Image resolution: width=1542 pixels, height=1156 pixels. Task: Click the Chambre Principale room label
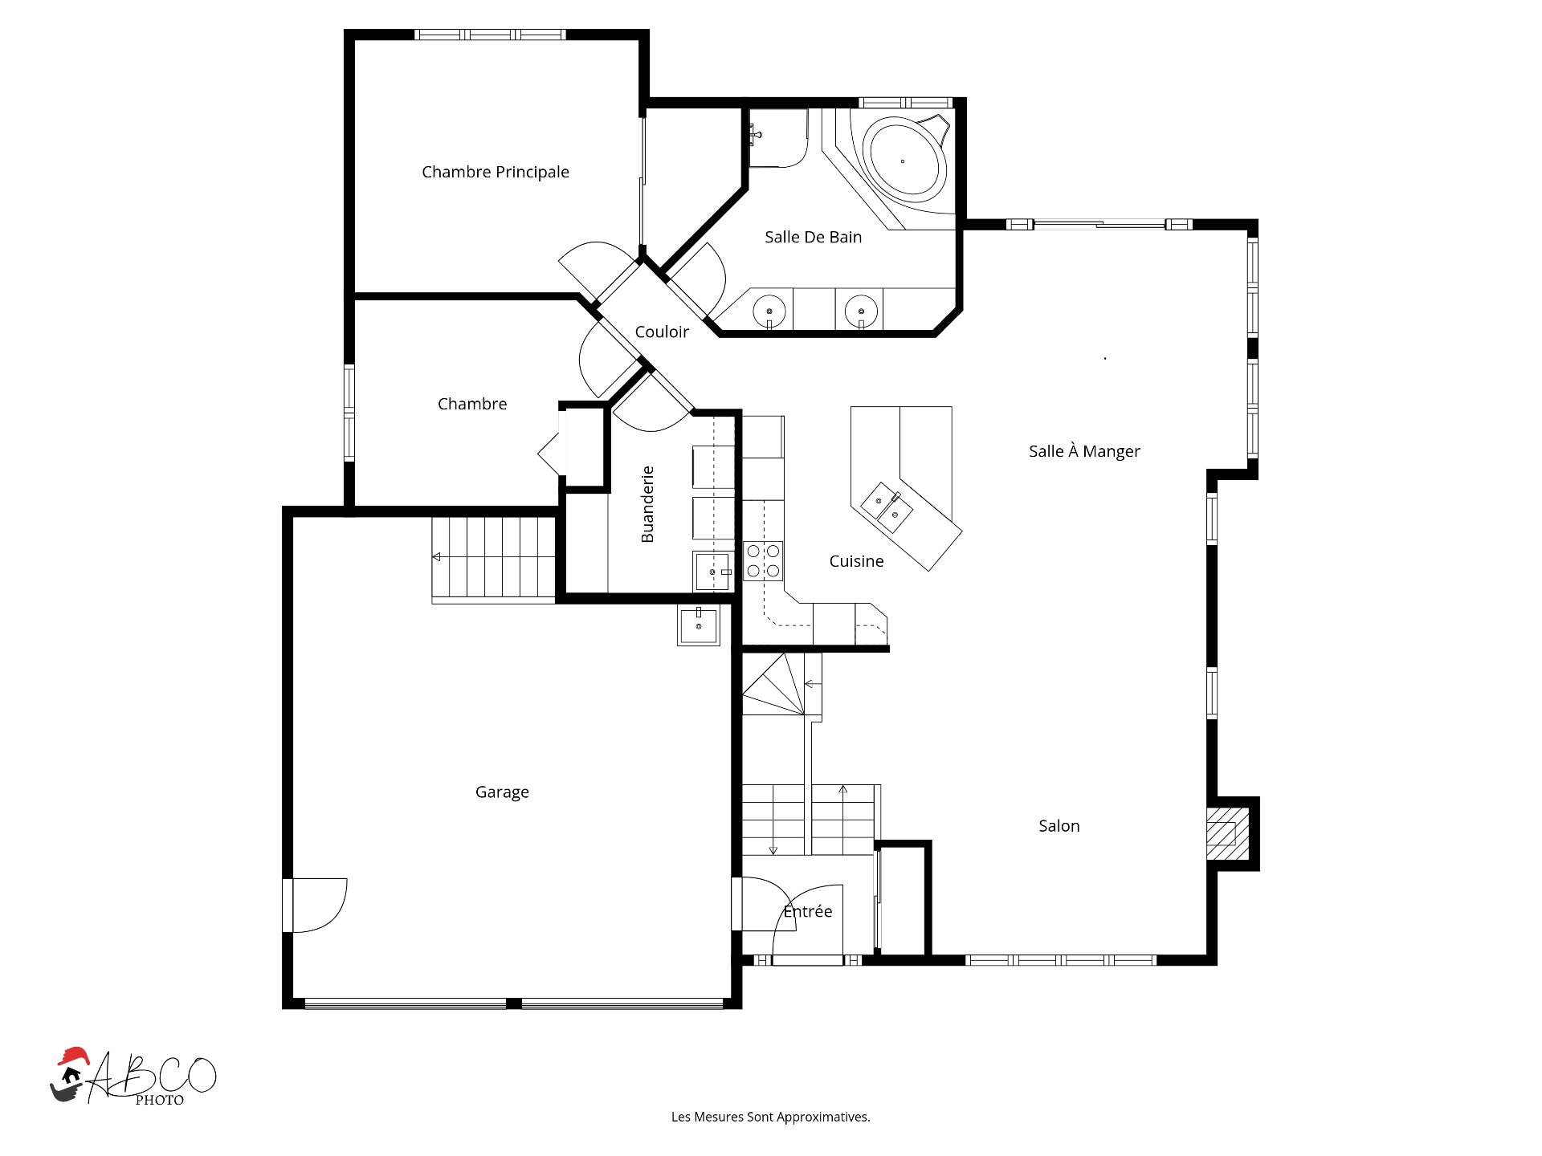[x=496, y=172]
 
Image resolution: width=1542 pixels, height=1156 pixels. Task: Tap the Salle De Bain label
[x=813, y=237]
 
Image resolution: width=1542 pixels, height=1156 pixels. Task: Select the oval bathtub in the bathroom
[x=904, y=160]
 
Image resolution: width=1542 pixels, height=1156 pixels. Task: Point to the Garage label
[x=502, y=792]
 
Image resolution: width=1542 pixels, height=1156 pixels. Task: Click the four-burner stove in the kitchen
[x=763, y=561]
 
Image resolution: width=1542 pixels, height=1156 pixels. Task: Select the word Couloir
[x=662, y=332]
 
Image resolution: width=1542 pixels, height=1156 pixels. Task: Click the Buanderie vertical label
[x=647, y=504]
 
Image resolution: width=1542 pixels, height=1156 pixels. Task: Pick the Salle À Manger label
[x=1084, y=451]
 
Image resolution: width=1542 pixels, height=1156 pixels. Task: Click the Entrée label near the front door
[x=808, y=911]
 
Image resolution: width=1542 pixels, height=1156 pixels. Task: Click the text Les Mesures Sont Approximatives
[x=771, y=1117]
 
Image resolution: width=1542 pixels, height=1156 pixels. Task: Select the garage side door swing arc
[x=337, y=915]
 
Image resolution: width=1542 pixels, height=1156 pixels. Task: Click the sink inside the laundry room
[x=712, y=572]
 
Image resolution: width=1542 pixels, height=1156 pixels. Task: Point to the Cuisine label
[x=856, y=561]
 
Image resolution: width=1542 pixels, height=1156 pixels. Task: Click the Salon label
[x=1059, y=826]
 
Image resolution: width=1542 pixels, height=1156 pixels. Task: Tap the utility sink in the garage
[x=699, y=625]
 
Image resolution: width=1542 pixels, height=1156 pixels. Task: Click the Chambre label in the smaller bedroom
[x=472, y=404]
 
